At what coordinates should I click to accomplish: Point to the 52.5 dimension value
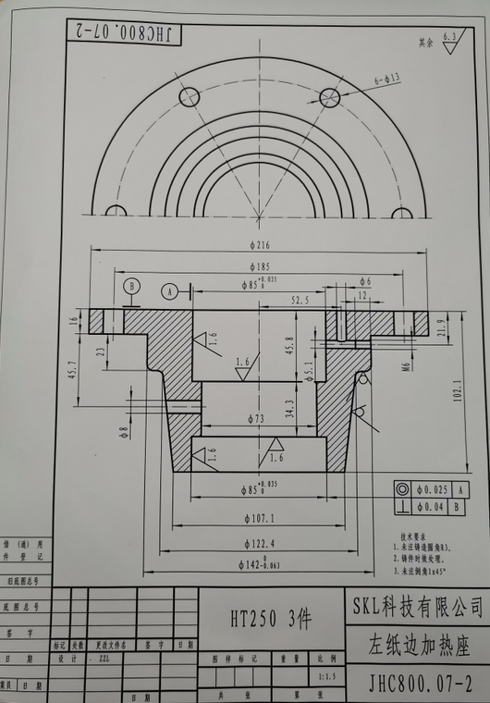point(300,300)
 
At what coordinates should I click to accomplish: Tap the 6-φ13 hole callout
point(386,80)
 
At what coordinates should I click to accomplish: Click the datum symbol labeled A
point(169,290)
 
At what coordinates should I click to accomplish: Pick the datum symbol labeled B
point(131,285)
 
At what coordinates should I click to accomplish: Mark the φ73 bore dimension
point(253,419)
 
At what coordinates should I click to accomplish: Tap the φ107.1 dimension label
point(254,517)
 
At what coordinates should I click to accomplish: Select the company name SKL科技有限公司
point(417,606)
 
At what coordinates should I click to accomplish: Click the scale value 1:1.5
point(325,677)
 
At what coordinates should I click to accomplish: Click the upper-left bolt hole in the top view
point(190,96)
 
